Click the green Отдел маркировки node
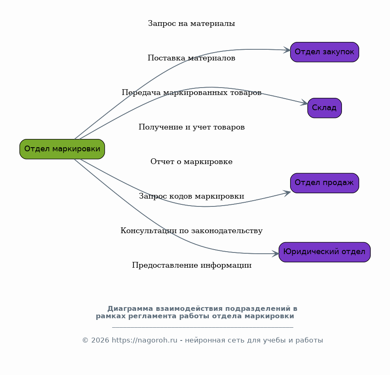pyautogui.click(x=62, y=149)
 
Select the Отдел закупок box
pyautogui.click(x=325, y=52)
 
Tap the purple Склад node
pyautogui.click(x=325, y=108)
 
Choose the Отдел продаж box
pyautogui.click(x=325, y=183)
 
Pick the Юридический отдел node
pyautogui.click(x=325, y=252)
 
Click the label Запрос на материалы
pyautogui.click(x=192, y=23)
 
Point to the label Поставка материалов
pyautogui.click(x=192, y=58)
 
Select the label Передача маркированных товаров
pyautogui.click(x=192, y=93)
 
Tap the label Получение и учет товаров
pyautogui.click(x=192, y=127)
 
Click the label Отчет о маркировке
pyautogui.click(x=192, y=162)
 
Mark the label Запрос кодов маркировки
pyautogui.click(x=192, y=196)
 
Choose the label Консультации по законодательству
pyautogui.click(x=192, y=231)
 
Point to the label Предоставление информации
pyautogui.click(x=192, y=265)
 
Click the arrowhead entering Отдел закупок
pyautogui.click(x=287, y=50)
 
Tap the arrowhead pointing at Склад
pyautogui.click(x=305, y=102)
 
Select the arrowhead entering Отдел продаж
pyautogui.click(x=288, y=193)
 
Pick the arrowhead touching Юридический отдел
pyautogui.click(x=276, y=254)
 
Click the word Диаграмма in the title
pyautogui.click(x=130, y=309)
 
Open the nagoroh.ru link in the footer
pyautogui.click(x=145, y=340)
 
